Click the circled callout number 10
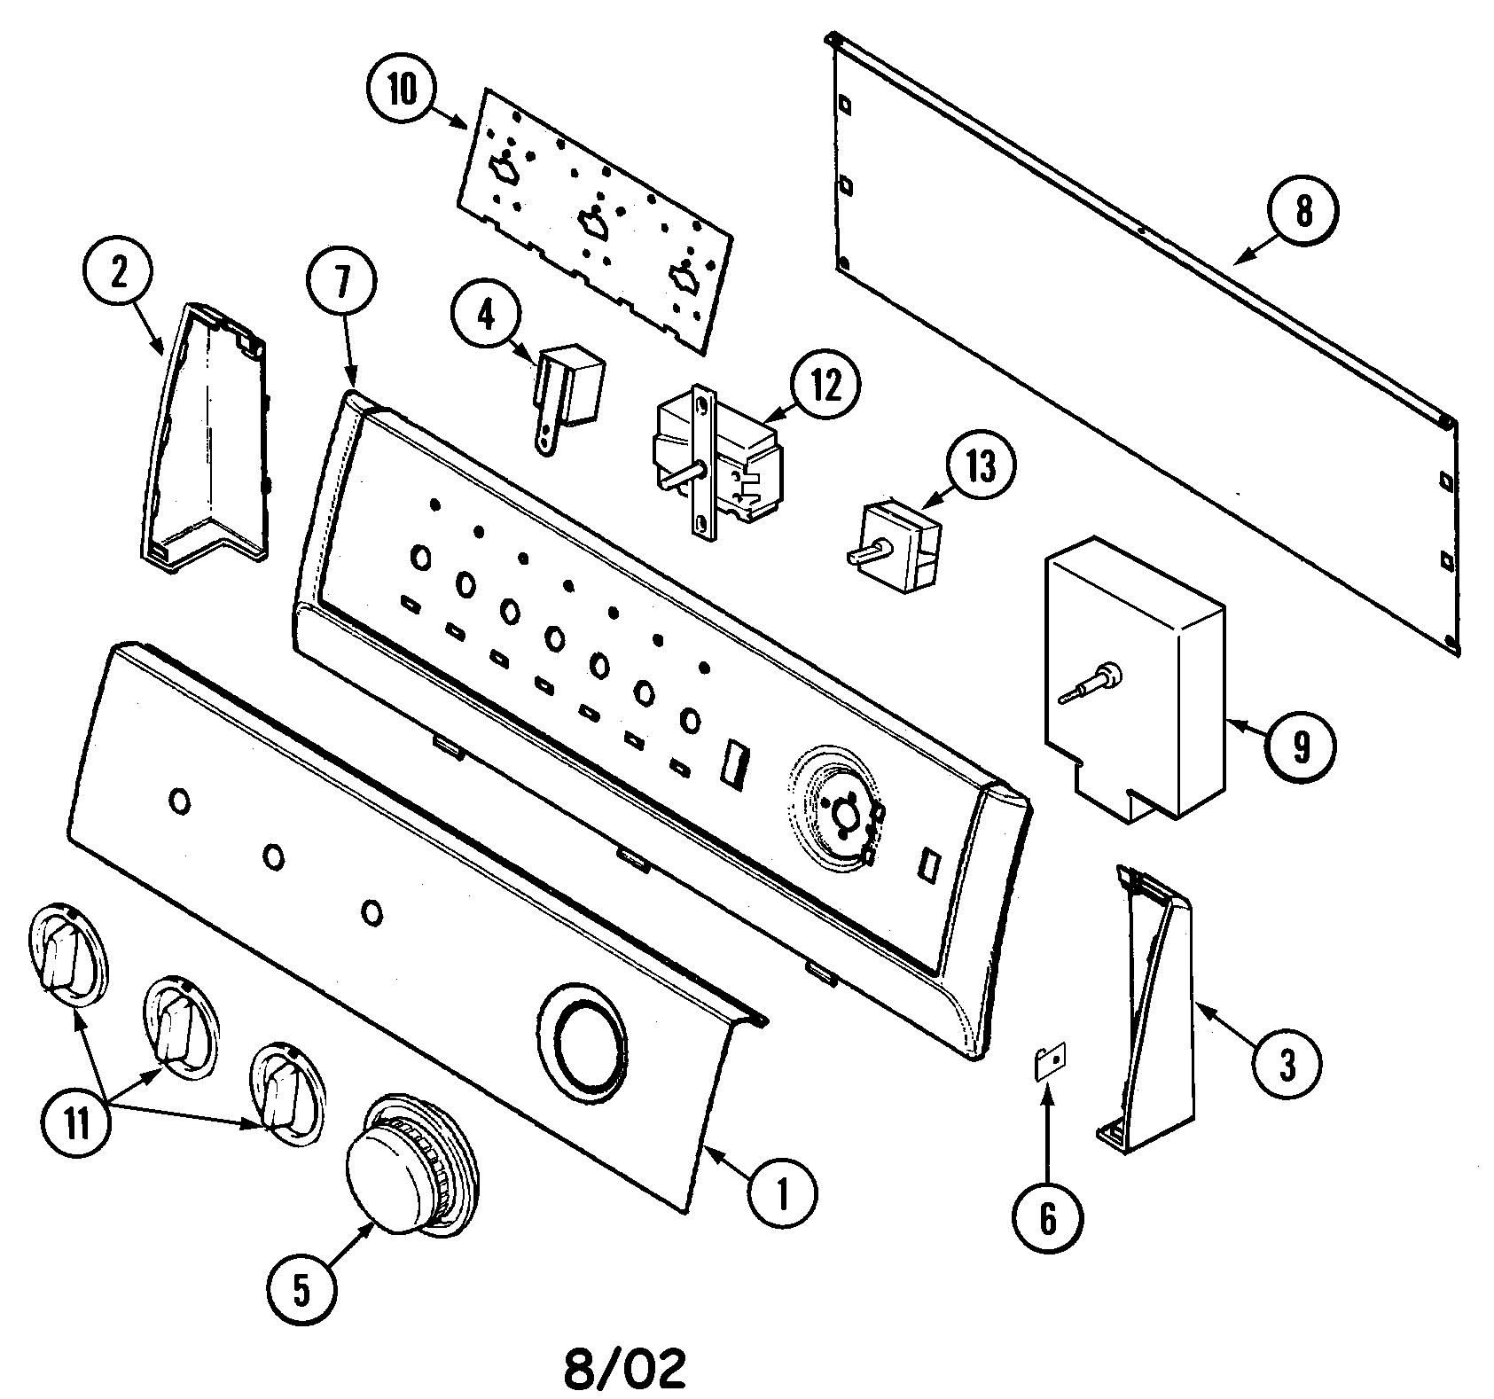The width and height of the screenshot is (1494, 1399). (401, 91)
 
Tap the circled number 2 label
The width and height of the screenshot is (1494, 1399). (118, 273)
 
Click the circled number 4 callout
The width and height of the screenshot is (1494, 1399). (486, 316)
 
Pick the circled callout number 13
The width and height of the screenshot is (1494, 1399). (982, 466)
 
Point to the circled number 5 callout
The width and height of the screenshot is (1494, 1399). (302, 1293)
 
